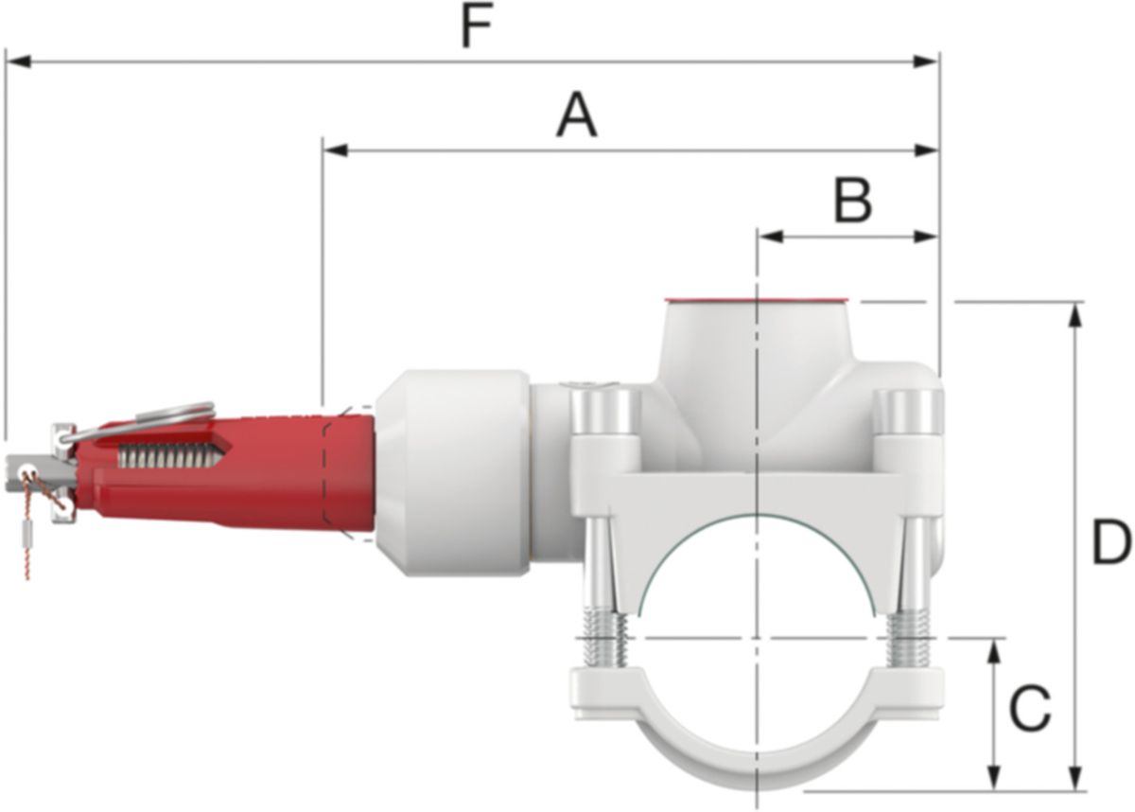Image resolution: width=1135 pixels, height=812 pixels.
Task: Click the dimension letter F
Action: pos(478,28)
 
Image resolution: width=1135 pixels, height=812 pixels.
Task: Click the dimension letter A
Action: pos(576,116)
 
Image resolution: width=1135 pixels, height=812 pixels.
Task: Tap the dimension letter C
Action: pos(1028,708)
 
